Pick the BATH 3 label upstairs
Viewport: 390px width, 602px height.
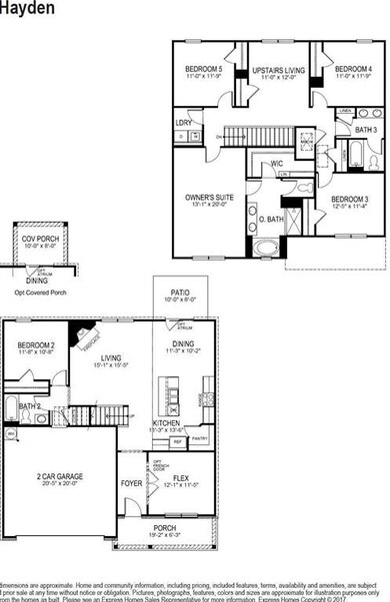point(366,131)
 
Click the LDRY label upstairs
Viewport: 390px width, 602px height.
point(183,123)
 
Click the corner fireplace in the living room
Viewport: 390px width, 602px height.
point(85,335)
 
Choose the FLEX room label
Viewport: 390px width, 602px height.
point(181,478)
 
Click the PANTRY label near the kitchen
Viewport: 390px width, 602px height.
point(199,438)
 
